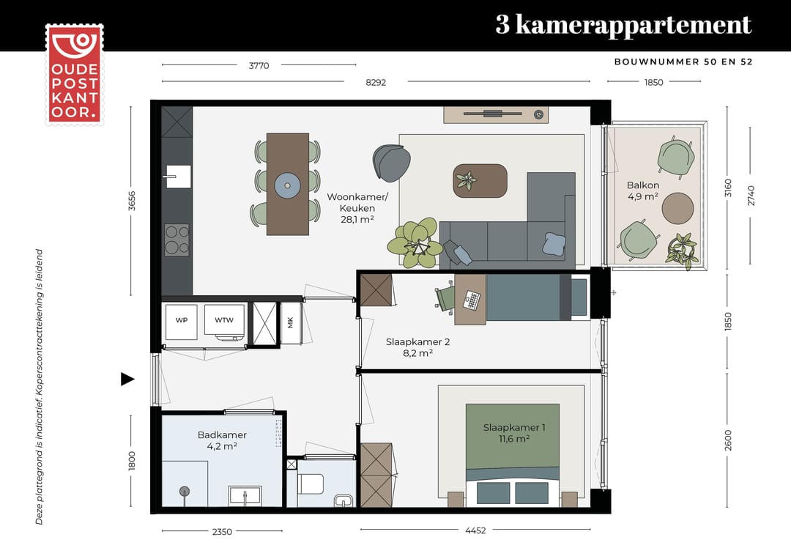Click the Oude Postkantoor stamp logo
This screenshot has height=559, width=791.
pyautogui.click(x=74, y=74)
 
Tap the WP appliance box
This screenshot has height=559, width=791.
pyautogui.click(x=181, y=321)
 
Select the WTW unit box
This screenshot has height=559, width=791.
pyautogui.click(x=223, y=321)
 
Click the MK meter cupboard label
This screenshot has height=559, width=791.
pyautogui.click(x=291, y=323)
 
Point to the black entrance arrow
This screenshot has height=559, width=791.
pyautogui.click(x=127, y=379)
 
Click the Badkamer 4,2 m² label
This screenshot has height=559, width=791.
pyautogui.click(x=222, y=440)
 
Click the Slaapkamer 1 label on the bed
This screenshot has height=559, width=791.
pyautogui.click(x=513, y=432)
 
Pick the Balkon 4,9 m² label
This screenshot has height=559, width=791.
pyautogui.click(x=642, y=190)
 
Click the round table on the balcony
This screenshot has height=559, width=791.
pyautogui.click(x=677, y=208)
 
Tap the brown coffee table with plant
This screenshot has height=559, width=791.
pyautogui.click(x=480, y=180)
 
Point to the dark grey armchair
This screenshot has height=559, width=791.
pyautogui.click(x=390, y=163)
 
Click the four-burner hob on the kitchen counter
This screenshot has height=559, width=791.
pyautogui.click(x=177, y=240)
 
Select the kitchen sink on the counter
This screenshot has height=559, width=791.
pyautogui.click(x=177, y=177)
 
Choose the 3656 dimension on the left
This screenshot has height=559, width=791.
pyautogui.click(x=132, y=201)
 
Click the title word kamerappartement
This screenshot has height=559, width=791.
pyautogui.click(x=633, y=25)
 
